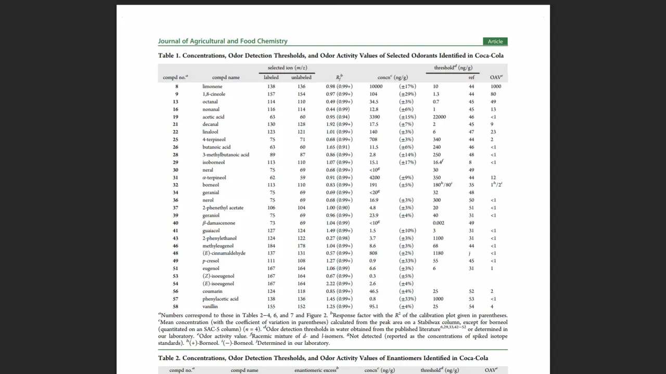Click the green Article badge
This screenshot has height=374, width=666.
pos(495,42)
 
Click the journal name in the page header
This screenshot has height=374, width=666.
pos(223,42)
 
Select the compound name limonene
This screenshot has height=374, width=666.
pos(212,87)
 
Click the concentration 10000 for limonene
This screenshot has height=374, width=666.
pos(376,87)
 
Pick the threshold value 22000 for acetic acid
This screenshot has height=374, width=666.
pos(439,117)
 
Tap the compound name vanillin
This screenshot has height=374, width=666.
pos(210,306)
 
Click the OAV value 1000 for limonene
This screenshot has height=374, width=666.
pos(495,87)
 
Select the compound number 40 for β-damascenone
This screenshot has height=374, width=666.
pos(176,223)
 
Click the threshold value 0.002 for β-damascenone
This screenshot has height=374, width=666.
pos(440,223)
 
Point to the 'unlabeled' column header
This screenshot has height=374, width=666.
pos(301,77)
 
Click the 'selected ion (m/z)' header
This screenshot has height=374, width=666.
pos(287,68)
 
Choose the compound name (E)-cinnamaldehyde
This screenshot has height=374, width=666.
pos(224,253)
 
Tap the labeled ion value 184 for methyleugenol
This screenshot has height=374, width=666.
pos(271,246)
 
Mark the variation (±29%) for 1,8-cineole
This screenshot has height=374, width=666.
pos(407,94)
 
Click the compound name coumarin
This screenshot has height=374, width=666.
pos(212,291)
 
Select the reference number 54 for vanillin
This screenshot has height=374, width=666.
pos(471,306)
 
